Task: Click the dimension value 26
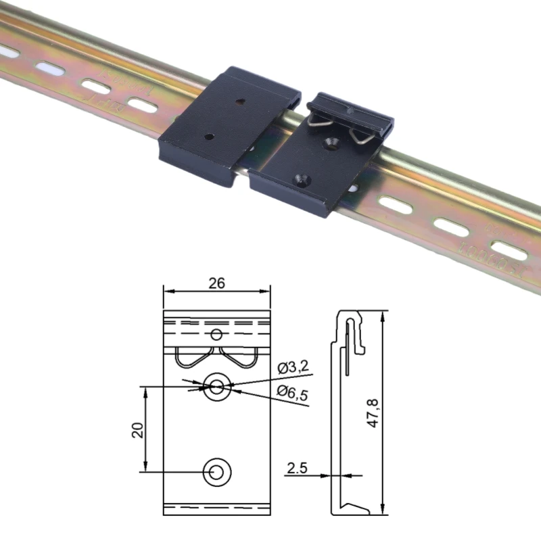(x=216, y=283)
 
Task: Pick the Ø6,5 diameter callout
(x=292, y=393)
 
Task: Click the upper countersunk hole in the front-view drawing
(x=216, y=386)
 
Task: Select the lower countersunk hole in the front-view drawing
(x=216, y=471)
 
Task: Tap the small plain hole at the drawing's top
(x=216, y=333)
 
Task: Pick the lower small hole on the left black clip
(x=210, y=136)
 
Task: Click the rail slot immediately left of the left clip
(x=141, y=105)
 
